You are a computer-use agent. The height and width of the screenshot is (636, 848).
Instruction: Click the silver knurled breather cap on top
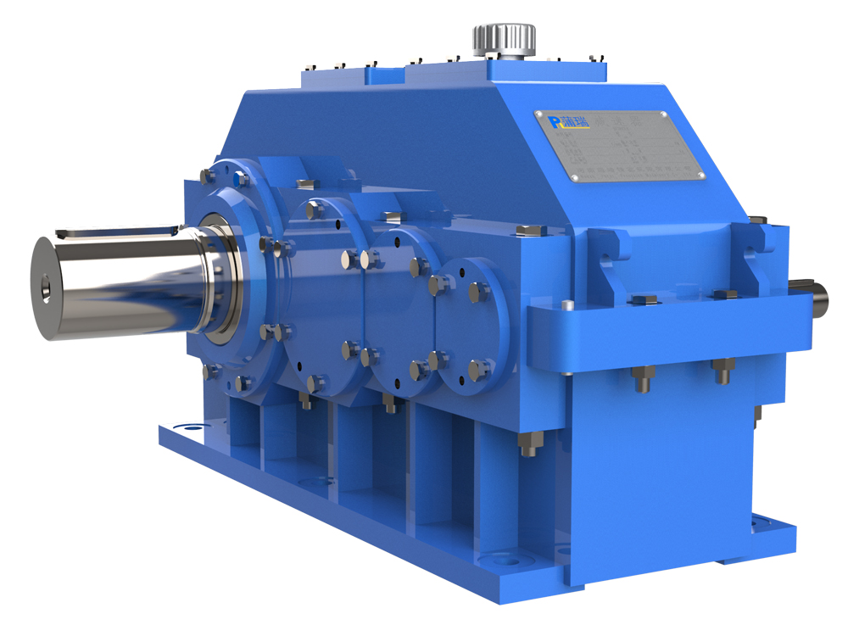[x=504, y=37]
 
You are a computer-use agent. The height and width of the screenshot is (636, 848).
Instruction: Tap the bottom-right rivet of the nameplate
[x=700, y=176]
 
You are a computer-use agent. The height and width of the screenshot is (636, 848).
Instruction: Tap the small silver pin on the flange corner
[x=567, y=305]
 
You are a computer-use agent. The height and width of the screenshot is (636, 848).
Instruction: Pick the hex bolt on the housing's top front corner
[x=528, y=231]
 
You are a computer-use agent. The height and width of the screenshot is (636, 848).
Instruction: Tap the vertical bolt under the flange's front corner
[x=527, y=444]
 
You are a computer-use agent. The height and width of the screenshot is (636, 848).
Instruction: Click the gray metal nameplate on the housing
[x=619, y=146]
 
